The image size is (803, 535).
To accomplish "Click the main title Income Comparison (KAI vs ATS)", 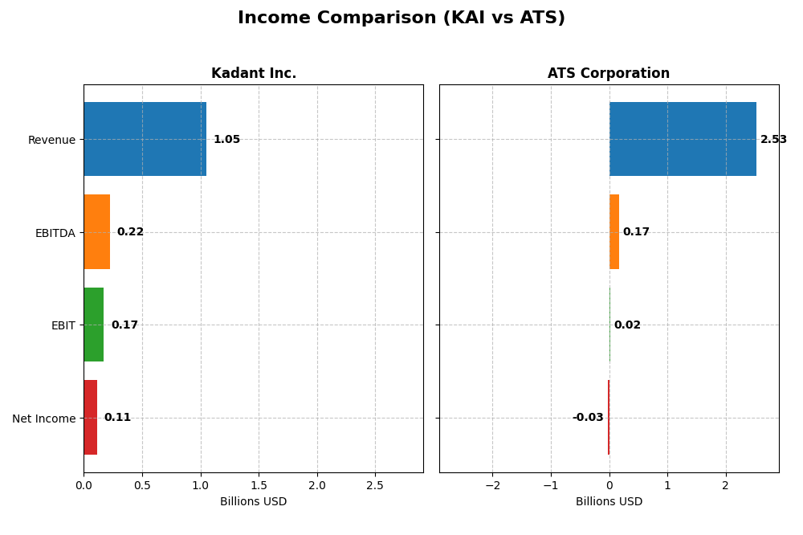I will pos(401,18).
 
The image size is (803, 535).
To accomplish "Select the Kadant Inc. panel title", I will pos(254,74).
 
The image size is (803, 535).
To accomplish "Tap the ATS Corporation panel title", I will pos(609,74).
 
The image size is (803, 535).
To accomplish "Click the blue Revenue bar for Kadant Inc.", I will pos(145,139).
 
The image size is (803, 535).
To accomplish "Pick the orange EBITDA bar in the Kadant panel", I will pos(96,231).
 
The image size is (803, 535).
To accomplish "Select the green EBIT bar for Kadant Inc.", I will pos(93,325).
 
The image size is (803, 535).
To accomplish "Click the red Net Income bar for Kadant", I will pos(90,417).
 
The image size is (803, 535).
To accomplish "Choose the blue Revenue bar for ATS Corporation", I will pos(683,139).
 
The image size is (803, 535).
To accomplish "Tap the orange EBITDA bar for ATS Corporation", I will pos(614,231).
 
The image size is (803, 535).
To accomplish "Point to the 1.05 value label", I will pos(226,140).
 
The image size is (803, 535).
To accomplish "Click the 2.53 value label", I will pos(773,140).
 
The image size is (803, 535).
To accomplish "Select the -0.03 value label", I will pos(588,418).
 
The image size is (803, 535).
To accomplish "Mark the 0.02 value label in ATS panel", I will pos(627,325).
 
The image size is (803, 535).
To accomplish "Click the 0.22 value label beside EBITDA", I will pos(130,232).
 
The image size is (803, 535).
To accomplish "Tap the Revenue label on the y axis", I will pos(51,140).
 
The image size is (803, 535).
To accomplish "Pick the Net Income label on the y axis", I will pos(43,419).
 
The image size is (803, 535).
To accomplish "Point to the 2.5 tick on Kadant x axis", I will pos(375,485).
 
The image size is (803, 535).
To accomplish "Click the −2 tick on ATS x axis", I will pos(492,485).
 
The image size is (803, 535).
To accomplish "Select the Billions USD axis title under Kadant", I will pos(253,502).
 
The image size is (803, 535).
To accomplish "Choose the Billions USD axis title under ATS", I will pos(609,502).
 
